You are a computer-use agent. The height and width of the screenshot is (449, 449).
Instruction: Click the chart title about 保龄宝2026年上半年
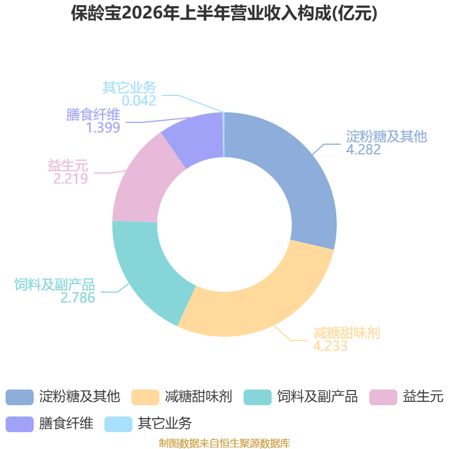click(224, 13)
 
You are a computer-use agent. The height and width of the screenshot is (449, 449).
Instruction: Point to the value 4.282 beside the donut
click(363, 149)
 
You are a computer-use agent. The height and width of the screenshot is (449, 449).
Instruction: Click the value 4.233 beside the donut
click(330, 346)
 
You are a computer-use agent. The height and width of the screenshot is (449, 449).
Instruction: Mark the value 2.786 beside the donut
click(77, 298)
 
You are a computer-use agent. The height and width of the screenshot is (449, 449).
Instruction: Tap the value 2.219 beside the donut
click(71, 178)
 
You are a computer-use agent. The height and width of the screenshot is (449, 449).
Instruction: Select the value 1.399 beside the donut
click(103, 128)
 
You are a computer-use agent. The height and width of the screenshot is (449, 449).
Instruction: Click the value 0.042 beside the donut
click(139, 101)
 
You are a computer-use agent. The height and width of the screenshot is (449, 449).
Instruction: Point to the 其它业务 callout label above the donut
click(130, 88)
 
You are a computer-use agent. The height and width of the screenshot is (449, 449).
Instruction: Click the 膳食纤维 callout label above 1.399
click(93, 114)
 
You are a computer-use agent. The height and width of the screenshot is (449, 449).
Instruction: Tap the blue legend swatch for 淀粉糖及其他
click(20, 397)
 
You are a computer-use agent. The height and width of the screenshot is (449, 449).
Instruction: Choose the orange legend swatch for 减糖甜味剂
click(145, 397)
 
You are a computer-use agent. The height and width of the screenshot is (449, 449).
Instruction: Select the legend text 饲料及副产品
click(317, 397)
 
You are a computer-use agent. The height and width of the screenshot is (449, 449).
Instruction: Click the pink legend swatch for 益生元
click(383, 397)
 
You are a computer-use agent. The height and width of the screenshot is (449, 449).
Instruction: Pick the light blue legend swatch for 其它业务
click(118, 424)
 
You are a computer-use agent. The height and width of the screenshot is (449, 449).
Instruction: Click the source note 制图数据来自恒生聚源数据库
click(224, 443)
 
